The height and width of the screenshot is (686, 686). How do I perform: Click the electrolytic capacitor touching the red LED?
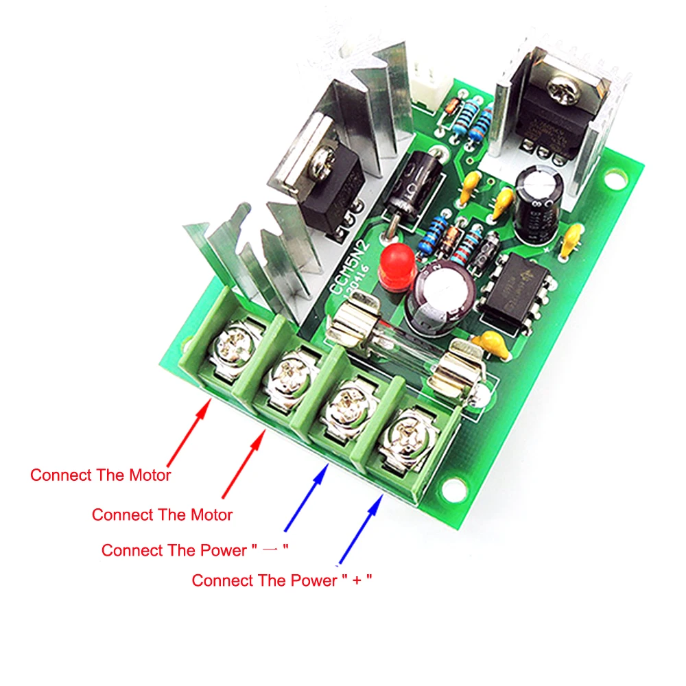pos(440,295)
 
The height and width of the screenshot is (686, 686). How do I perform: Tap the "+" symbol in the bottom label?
pos(357,581)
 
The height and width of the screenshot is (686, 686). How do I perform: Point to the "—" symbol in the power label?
pos(272,551)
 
